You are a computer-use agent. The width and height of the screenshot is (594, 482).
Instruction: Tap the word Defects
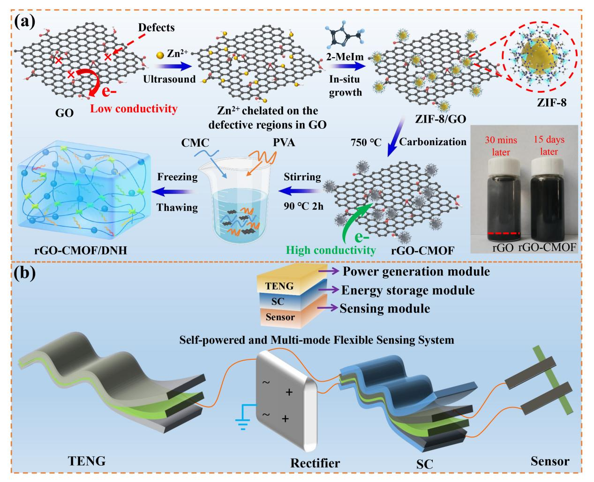pos(156,28)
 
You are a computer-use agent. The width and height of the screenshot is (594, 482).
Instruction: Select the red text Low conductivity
pos(134,109)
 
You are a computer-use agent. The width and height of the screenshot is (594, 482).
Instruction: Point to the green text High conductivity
pos(332,250)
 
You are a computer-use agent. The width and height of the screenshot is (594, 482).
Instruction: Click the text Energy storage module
pos(408,290)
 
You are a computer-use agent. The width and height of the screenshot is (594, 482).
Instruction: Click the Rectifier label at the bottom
pos(316,463)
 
